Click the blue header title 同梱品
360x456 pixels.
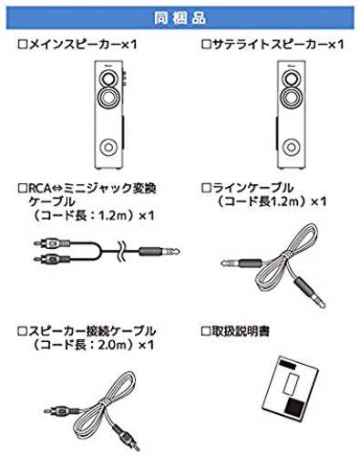[180, 18]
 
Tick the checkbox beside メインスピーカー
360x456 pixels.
[23, 45]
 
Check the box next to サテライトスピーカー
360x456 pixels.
[206, 45]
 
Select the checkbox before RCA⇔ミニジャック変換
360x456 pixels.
[23, 188]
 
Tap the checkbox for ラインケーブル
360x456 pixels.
[206, 188]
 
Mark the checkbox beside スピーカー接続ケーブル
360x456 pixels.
[23, 331]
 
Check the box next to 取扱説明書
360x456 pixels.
[206, 331]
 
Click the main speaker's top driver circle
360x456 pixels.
[108, 78]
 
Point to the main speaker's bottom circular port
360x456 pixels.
[108, 147]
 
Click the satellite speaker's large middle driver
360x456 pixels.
[291, 97]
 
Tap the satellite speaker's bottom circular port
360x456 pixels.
[291, 147]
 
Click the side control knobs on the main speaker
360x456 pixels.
[124, 78]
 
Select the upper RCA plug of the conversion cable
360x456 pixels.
[52, 243]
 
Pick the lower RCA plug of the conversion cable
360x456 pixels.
[52, 259]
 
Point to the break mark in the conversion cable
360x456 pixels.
[121, 251]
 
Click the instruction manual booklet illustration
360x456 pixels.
[292, 389]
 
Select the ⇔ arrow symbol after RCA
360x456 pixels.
[57, 189]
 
